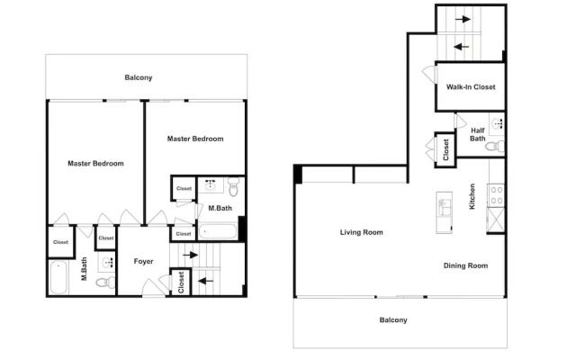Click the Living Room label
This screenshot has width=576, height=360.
click(362, 232)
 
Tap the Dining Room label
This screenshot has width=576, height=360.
click(465, 265)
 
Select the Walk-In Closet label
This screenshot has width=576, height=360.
click(471, 87)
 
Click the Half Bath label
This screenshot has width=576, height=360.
click(478, 134)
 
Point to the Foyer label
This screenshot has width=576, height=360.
click(143, 261)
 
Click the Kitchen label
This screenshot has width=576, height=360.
click(472, 196)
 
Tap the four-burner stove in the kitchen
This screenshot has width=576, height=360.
click(497, 195)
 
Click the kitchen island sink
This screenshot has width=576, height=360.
click(444, 207)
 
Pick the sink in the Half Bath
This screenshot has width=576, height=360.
click(498, 123)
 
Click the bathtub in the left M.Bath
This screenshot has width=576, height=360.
click(58, 277)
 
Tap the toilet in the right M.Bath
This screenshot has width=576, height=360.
click(234, 187)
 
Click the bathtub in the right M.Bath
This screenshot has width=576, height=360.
click(218, 232)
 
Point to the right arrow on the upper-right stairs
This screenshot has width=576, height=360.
click(463, 19)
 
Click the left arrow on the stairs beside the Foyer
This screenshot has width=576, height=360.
click(206, 282)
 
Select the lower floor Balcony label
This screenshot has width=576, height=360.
click(393, 320)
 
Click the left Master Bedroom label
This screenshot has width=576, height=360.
click(95, 164)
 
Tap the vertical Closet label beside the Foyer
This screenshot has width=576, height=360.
click(181, 283)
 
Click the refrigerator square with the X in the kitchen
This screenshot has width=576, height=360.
click(496, 220)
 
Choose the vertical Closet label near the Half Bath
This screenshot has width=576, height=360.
click(446, 150)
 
